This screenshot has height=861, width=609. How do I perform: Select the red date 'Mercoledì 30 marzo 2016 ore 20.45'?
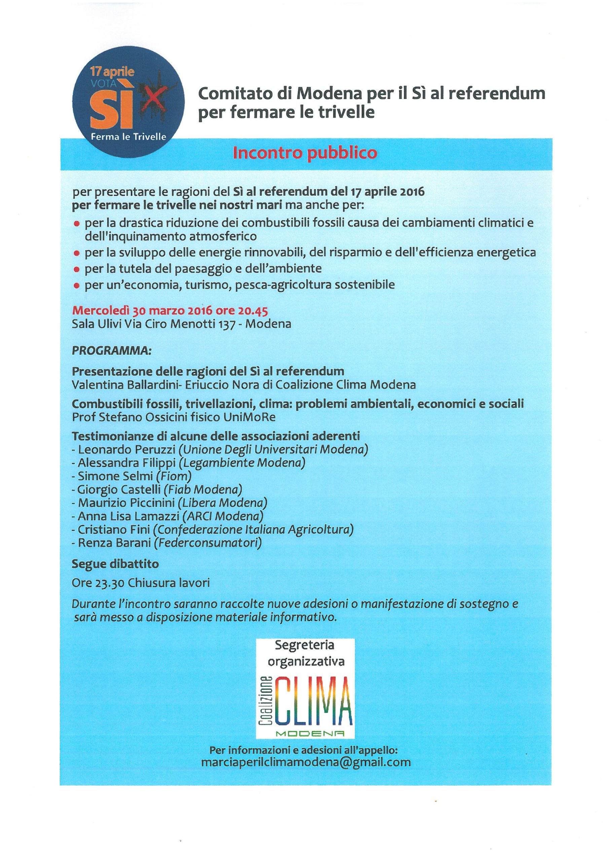tap(170, 310)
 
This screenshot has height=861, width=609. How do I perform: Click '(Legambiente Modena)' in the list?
tap(242, 462)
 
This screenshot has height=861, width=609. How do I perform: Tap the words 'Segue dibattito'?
tap(115, 564)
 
